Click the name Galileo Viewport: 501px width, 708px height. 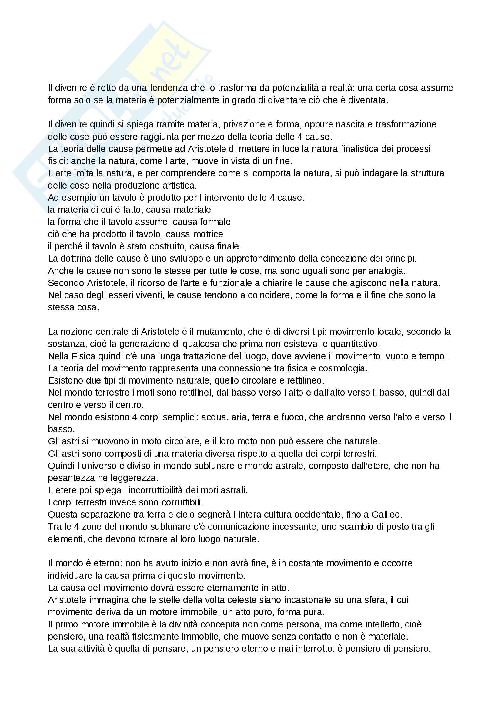coord(386,515)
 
